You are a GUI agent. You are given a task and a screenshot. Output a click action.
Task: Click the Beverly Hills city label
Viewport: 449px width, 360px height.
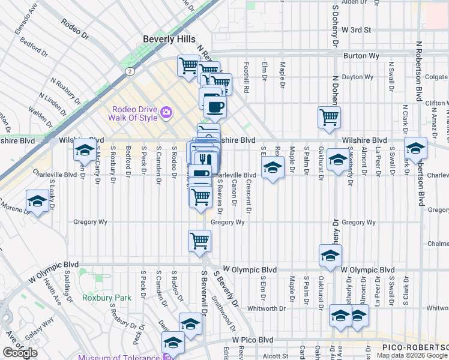click(169, 39)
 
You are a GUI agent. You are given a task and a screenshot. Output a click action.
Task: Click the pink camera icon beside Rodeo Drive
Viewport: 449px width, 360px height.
click(166, 112)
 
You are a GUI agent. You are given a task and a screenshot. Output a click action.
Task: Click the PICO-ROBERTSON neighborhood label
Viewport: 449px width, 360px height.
click(415, 347)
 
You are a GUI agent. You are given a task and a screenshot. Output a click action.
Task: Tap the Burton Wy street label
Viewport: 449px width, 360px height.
click(360, 56)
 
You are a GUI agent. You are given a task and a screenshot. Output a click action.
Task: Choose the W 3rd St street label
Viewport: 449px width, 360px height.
click(357, 29)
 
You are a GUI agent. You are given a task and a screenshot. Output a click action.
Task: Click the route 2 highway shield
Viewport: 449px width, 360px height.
click(130, 71)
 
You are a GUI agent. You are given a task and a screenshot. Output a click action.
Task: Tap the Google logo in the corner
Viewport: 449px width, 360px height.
click(20, 353)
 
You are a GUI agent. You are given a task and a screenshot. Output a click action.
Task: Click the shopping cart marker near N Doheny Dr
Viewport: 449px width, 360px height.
click(329, 118)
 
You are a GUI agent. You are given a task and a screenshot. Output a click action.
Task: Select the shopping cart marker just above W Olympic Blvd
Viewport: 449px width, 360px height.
click(199, 242)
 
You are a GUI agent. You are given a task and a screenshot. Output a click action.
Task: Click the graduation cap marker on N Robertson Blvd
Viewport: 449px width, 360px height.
click(415, 148)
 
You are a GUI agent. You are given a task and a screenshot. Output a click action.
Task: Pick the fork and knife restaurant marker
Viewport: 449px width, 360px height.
click(204, 160)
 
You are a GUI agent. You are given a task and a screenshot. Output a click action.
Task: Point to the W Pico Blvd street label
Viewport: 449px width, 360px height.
click(253, 340)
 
